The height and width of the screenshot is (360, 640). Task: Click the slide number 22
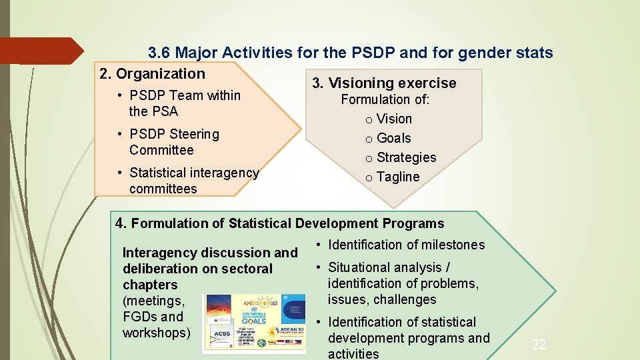(x=538, y=345)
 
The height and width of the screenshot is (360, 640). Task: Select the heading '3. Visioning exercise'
(x=384, y=83)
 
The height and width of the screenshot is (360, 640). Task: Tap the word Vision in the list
(x=394, y=119)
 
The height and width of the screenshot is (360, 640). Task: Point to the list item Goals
(x=393, y=139)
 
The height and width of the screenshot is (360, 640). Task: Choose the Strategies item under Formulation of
(x=406, y=158)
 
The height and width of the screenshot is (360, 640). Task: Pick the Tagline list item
(x=398, y=177)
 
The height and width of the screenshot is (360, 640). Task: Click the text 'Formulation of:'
(x=385, y=100)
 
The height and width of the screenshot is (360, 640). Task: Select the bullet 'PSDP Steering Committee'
(x=174, y=142)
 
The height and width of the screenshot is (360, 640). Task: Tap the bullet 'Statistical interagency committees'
(x=193, y=181)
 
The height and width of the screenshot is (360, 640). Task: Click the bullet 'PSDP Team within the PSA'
(x=184, y=103)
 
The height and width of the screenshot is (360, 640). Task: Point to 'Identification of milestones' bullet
(x=406, y=245)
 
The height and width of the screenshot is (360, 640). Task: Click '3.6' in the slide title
(x=159, y=53)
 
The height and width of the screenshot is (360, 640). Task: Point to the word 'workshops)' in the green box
(x=157, y=333)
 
